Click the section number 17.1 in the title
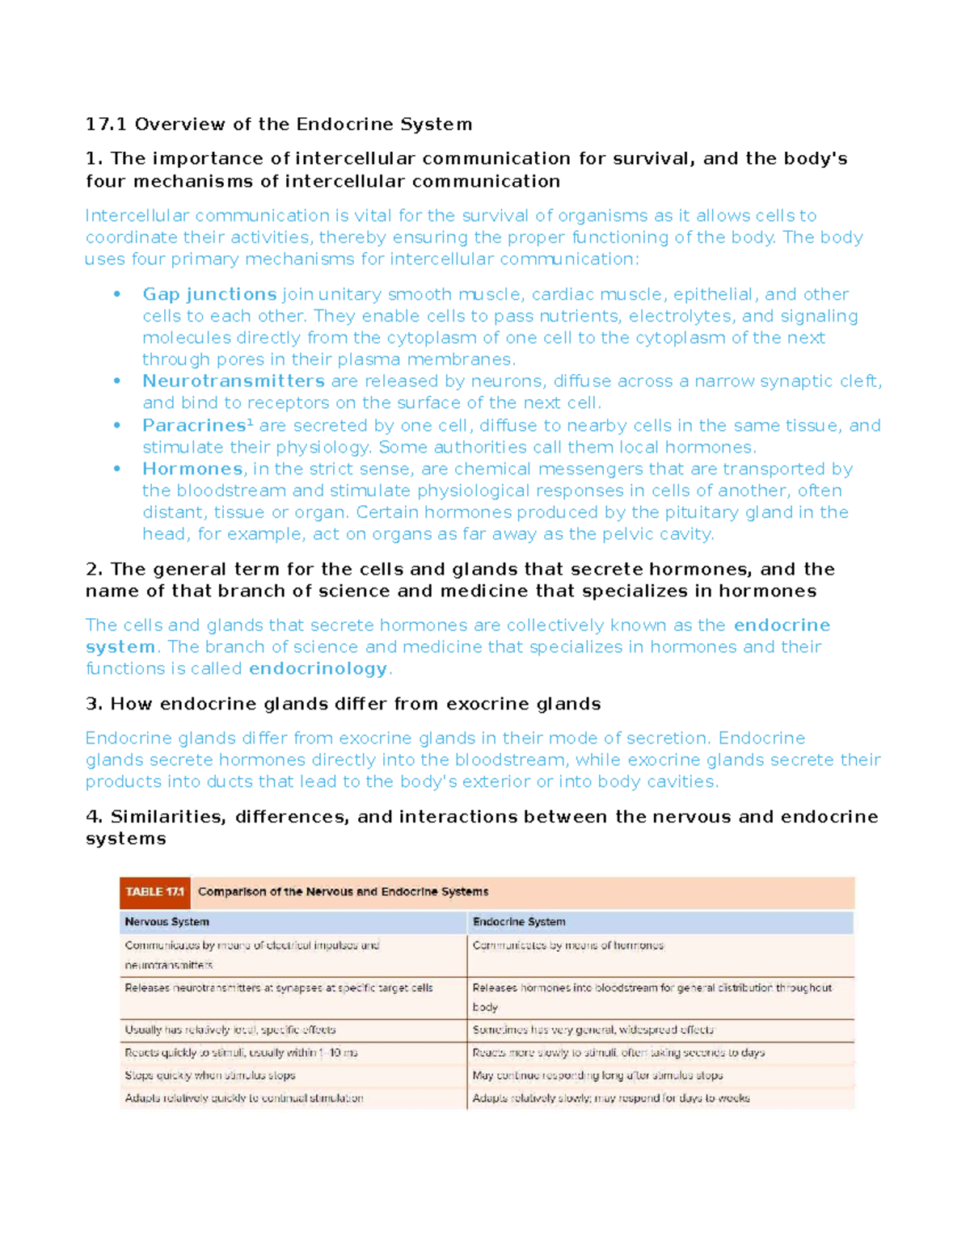coord(106,124)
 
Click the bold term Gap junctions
coord(209,294)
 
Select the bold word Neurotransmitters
coord(234,381)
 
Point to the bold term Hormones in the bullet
coord(192,470)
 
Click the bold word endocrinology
coord(318,669)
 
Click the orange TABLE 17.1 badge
coord(155,892)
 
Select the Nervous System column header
coord(167,922)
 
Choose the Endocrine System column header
coord(519,922)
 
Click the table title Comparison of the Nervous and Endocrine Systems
coord(343,892)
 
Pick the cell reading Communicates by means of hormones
coord(568,945)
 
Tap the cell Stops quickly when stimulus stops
coord(210,1076)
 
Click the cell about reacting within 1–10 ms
coord(241,1053)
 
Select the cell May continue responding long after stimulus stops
coord(597,1076)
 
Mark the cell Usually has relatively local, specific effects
coord(230,1030)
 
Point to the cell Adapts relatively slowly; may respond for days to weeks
coord(611,1098)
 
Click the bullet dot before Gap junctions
coord(117,294)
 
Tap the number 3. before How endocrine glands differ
coord(94,705)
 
